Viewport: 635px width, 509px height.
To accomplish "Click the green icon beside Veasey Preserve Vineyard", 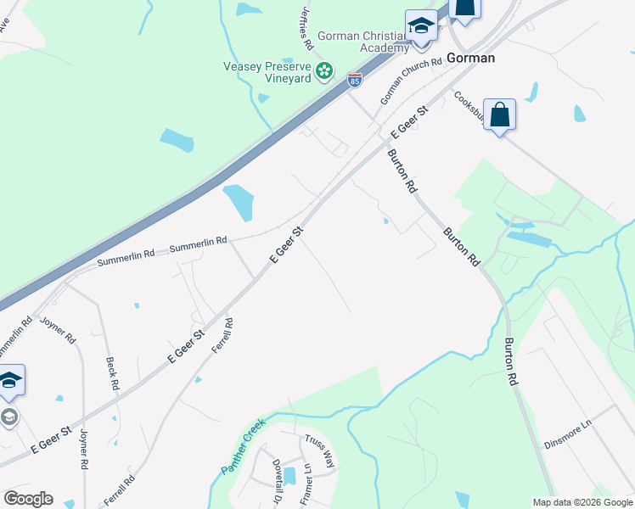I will point(323,72).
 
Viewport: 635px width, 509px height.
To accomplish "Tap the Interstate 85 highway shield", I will point(355,81).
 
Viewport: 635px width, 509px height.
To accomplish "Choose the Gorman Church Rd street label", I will point(411,81).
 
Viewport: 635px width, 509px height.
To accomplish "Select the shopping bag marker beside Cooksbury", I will point(499,115).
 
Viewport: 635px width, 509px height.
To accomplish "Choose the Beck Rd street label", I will point(111,373).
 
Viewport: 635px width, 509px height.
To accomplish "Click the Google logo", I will point(28,499).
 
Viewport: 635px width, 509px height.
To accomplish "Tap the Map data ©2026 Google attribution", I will point(582,502).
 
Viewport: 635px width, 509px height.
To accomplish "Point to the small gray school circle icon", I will point(9,417).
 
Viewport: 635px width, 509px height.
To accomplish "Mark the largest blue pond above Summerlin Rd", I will point(238,203).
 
